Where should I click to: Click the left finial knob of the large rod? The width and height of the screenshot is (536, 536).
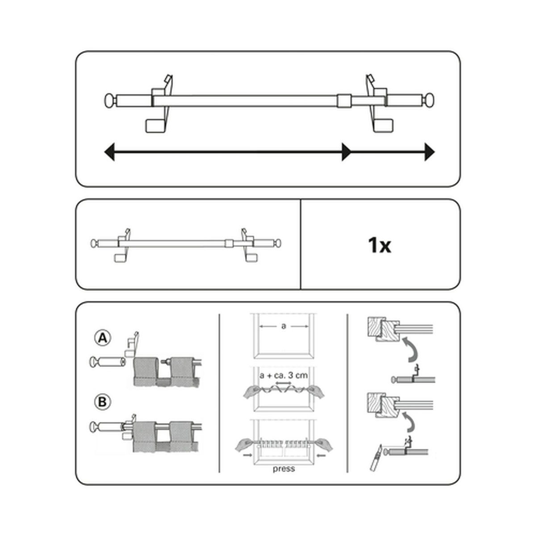[110, 100]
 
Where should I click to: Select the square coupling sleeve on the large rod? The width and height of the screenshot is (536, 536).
[344, 100]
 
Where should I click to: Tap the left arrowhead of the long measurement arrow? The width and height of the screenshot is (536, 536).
[109, 152]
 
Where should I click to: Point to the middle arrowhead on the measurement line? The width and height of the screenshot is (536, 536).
[347, 152]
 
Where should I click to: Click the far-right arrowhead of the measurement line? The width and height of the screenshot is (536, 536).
[429, 152]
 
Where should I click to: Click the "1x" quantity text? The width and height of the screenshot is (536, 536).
[380, 245]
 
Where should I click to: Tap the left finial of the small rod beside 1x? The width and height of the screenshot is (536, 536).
[94, 243]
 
